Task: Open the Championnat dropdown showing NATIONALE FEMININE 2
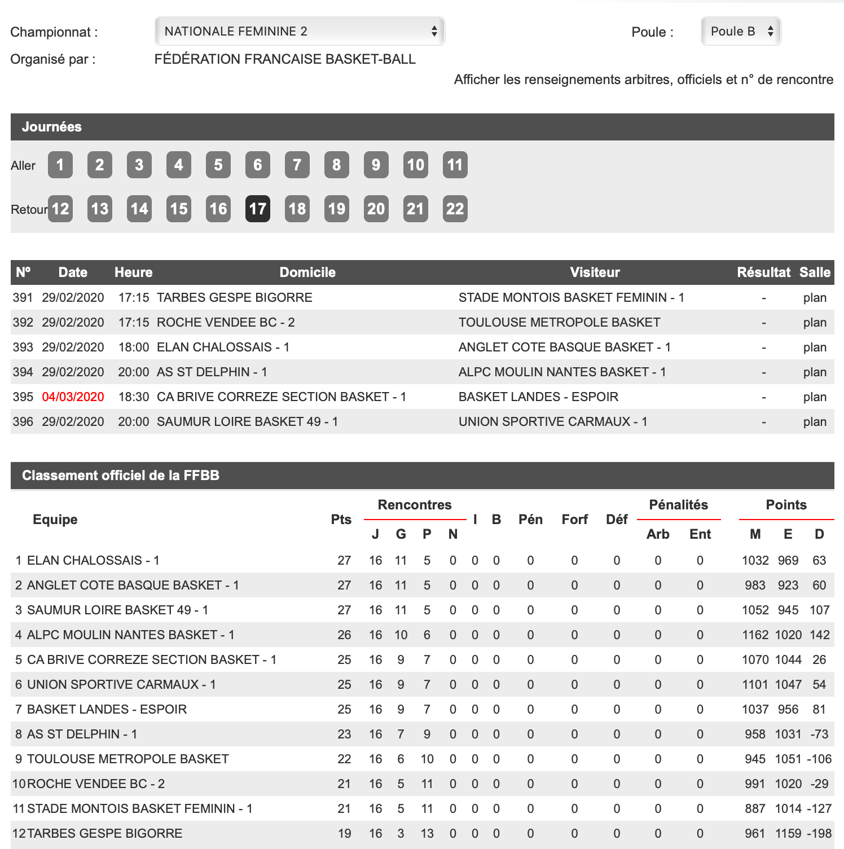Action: (x=300, y=31)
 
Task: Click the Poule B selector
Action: (x=741, y=31)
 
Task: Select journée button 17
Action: (x=258, y=209)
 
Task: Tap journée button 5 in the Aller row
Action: (x=218, y=165)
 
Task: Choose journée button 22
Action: (x=455, y=209)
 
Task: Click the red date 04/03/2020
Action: (x=73, y=397)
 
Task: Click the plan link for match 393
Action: (x=815, y=347)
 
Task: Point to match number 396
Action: (x=23, y=421)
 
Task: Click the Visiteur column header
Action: (x=595, y=272)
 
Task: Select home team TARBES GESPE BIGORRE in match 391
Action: (x=234, y=297)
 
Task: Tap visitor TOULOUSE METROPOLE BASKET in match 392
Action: (x=559, y=322)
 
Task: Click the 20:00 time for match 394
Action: (x=134, y=372)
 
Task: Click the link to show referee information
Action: (x=643, y=80)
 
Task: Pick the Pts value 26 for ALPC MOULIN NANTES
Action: (x=344, y=635)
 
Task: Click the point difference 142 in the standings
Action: (x=820, y=635)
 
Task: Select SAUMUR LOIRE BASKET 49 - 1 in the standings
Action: (x=118, y=610)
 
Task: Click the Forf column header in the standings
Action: (x=574, y=520)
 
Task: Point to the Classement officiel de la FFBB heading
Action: (x=121, y=476)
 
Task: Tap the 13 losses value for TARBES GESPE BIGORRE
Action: (x=427, y=833)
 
